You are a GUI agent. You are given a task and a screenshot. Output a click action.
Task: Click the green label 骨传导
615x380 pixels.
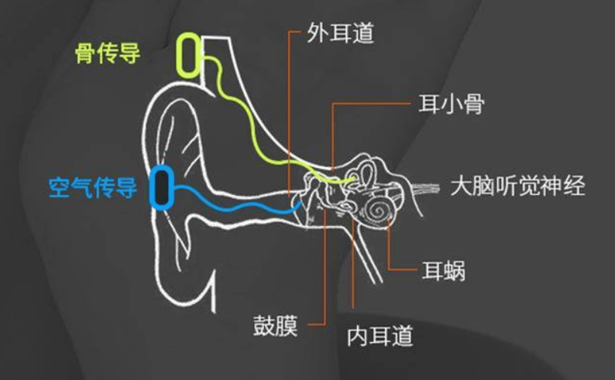pyautogui.click(x=108, y=53)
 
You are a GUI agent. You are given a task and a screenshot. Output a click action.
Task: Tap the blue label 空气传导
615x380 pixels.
pyautogui.click(x=93, y=187)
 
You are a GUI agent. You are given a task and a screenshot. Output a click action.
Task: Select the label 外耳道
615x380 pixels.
pyautogui.click(x=341, y=33)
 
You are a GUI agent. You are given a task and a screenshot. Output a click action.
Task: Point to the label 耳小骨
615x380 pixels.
pyautogui.click(x=452, y=104)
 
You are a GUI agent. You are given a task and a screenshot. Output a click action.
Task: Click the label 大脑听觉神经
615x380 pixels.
pyautogui.click(x=517, y=186)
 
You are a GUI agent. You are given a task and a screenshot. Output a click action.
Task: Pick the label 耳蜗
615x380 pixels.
pyautogui.click(x=444, y=271)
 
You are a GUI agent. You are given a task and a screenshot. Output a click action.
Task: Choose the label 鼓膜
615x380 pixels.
pyautogui.click(x=275, y=325)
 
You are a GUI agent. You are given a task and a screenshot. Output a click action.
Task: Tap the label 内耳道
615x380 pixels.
pyautogui.click(x=380, y=336)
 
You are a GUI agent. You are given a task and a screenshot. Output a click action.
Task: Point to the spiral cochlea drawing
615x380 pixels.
pyautogui.click(x=377, y=211)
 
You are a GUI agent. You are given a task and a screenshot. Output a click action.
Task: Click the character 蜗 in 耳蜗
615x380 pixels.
pyautogui.click(x=455, y=271)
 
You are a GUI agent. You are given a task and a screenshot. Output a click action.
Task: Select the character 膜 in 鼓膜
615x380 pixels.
pyautogui.click(x=287, y=325)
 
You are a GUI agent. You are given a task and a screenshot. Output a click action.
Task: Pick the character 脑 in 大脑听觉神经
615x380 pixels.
pyautogui.click(x=484, y=186)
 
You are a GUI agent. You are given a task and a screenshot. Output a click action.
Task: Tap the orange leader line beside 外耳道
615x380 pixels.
pyautogui.click(x=290, y=114)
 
